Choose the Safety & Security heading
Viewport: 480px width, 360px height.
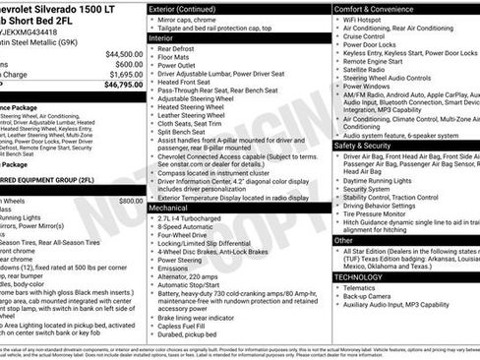[369, 145]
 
